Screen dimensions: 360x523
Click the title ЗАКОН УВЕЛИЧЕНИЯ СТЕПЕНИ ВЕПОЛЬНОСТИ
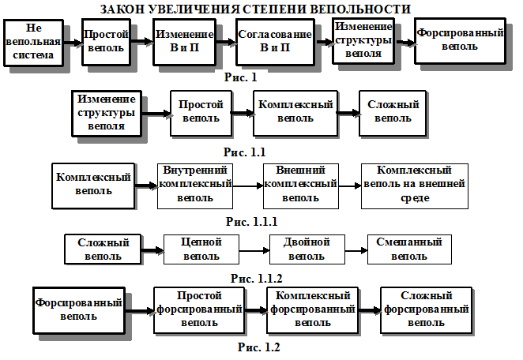pyautogui.click(x=256, y=9)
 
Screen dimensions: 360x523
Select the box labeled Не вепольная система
pyautogui.click(x=33, y=43)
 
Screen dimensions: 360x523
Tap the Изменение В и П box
pyautogui.click(x=184, y=42)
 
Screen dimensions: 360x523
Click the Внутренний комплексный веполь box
pyautogui.click(x=195, y=185)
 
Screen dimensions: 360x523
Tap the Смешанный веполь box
pyautogui.click(x=409, y=249)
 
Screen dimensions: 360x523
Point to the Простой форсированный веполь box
pyautogui.click(x=198, y=309)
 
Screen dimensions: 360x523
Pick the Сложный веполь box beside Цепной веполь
pyautogui.click(x=103, y=249)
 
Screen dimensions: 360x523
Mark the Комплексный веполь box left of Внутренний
pyautogui.click(x=93, y=185)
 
